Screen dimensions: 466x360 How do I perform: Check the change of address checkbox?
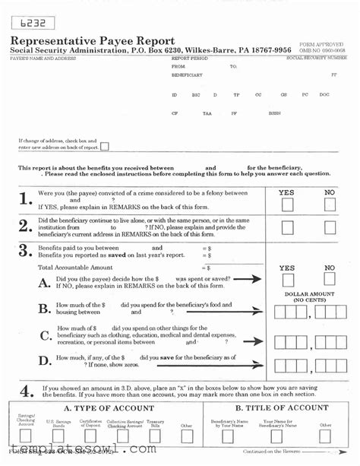[x=104, y=147]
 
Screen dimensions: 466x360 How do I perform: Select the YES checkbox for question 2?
[x=287, y=227]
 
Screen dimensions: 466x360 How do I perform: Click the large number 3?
[x=26, y=252]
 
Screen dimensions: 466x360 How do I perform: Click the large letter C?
[x=46, y=336]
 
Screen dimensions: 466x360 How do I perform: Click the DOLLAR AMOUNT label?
[x=309, y=294]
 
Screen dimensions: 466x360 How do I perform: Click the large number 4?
[x=26, y=392]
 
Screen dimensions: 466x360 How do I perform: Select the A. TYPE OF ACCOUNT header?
[x=100, y=407]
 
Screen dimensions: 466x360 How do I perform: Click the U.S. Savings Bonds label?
[x=58, y=423]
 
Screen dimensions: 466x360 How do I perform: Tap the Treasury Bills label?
[x=155, y=423]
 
